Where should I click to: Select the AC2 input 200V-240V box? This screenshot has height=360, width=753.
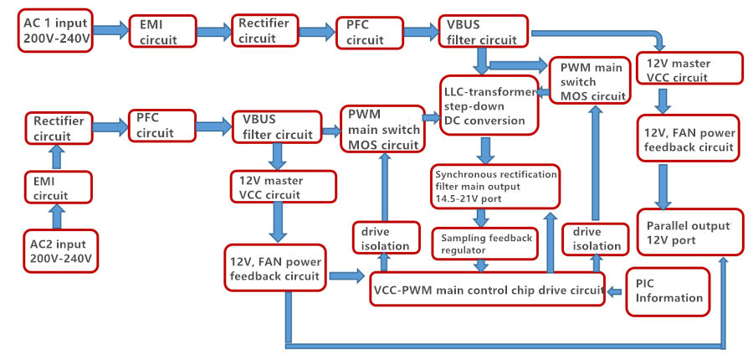pyautogui.click(x=58, y=250)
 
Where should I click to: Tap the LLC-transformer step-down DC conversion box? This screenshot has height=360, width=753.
pyautogui.click(x=489, y=105)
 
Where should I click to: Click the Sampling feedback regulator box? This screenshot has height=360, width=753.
pyautogui.click(x=486, y=244)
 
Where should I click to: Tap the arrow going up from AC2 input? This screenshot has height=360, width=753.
pyautogui.click(x=58, y=216)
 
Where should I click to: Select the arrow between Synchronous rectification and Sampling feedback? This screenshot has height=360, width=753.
pyautogui.click(x=481, y=218)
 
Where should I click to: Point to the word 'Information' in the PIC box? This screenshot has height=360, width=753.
pyautogui.click(x=670, y=298)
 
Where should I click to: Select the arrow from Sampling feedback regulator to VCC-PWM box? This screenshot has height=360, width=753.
pyautogui.click(x=481, y=265)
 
